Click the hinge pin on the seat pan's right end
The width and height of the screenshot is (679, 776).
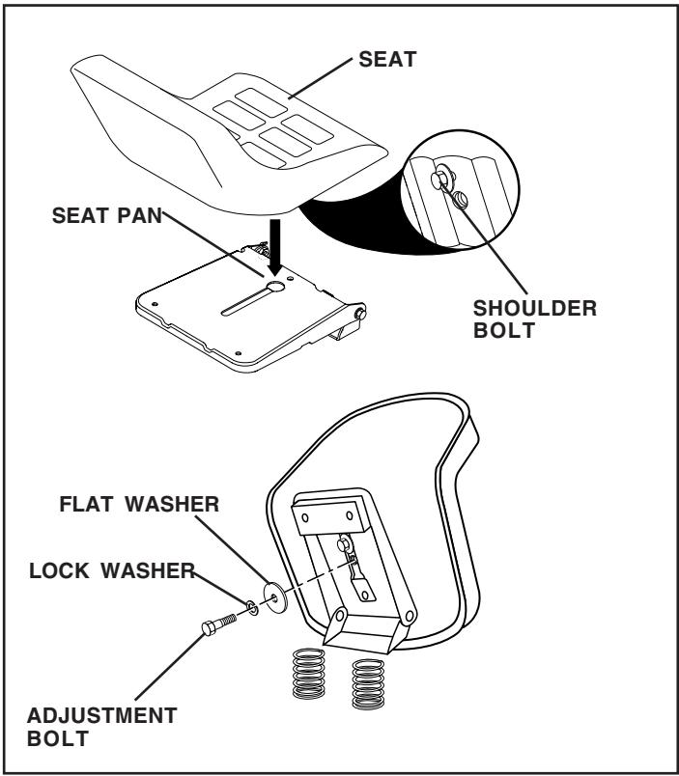[x=362, y=312]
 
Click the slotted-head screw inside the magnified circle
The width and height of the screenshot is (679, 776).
[x=460, y=200]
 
